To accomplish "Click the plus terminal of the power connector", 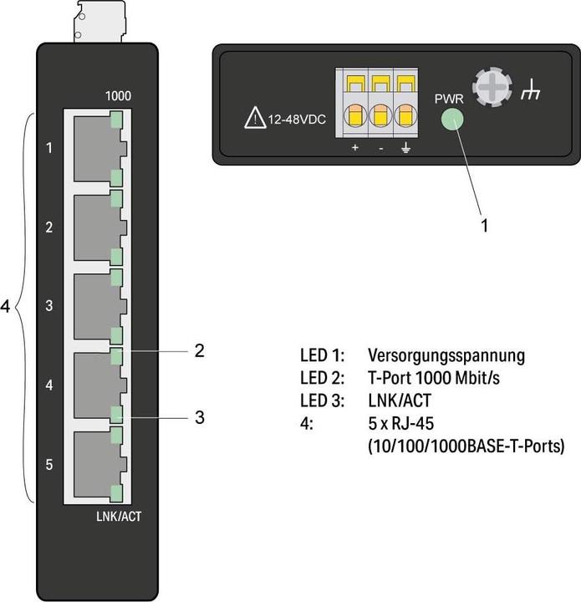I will point(354,115).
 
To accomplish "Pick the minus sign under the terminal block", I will point(380,148).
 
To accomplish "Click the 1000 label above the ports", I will point(117,96).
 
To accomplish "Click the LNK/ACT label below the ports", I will point(119,517).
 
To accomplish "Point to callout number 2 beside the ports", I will point(199,351).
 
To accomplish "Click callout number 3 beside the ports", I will point(199,416).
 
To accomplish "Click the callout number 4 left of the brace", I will point(6,308).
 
